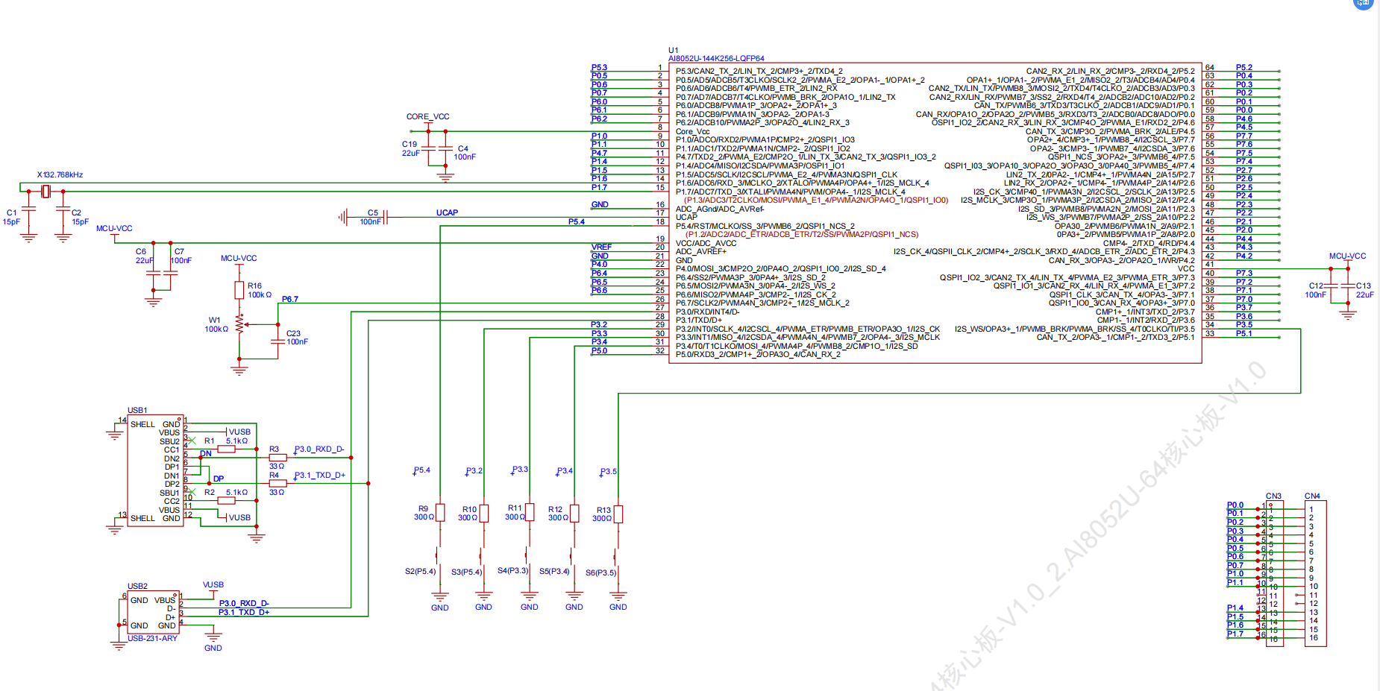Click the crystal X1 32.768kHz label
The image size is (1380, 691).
[x=60, y=175]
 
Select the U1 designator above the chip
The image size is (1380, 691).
[x=673, y=50]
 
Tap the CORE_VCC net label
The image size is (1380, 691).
[x=427, y=117]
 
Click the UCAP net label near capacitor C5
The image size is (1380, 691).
[x=447, y=213]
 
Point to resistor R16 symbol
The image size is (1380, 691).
[x=239, y=290]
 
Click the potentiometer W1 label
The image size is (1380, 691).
[x=215, y=321]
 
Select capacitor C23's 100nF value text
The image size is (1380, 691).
[x=297, y=342]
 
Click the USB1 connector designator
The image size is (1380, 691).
[x=137, y=411]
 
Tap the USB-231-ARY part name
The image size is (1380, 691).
[x=152, y=639]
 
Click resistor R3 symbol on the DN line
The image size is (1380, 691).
[x=277, y=458]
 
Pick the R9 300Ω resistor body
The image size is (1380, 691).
[x=440, y=513]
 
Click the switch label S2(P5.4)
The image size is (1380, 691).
[x=420, y=572]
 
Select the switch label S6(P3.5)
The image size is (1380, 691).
[x=600, y=572]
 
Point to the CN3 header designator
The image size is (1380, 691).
[x=1273, y=496]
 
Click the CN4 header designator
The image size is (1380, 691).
[x=1312, y=496]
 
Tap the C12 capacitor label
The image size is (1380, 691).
[x=1316, y=285]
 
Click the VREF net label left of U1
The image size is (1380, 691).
[x=601, y=247]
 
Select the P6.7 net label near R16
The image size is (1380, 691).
[x=289, y=300]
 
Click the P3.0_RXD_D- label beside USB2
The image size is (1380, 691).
[x=244, y=604]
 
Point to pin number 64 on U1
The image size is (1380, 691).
[x=1209, y=68]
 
